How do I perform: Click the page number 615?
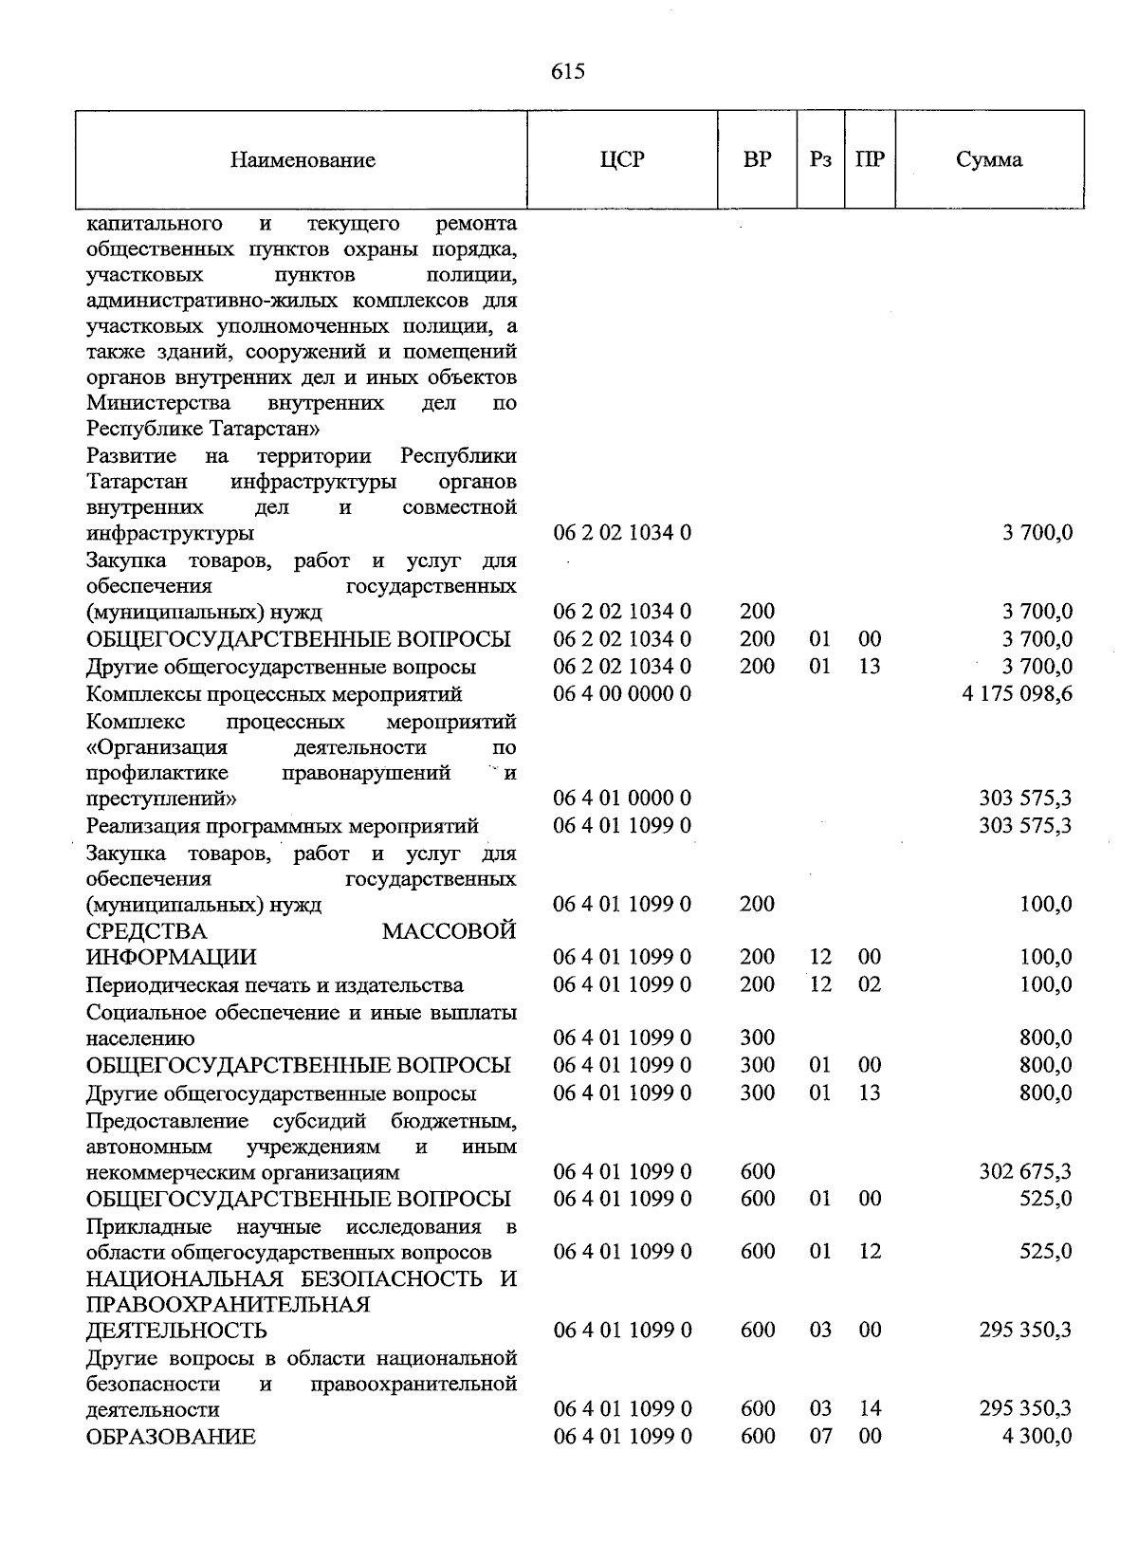[568, 72]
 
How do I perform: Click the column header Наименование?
[303, 160]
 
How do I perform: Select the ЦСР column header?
[622, 159]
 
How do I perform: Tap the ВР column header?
[757, 159]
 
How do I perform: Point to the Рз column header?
[820, 159]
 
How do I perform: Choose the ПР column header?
[870, 159]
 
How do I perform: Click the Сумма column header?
[989, 159]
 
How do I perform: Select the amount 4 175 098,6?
[1017, 694]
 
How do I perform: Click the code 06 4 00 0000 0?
[622, 694]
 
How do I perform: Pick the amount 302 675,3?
[1025, 1172]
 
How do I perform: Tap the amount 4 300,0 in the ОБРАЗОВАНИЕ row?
[1037, 1437]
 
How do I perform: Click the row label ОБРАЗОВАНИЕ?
[171, 1437]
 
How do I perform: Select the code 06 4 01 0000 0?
[622, 799]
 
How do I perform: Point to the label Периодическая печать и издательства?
[275, 985]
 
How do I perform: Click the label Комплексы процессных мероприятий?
[274, 694]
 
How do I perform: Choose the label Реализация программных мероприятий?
[282, 826]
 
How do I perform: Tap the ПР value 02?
[870, 984]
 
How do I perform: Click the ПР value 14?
[870, 1410]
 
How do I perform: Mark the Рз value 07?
[820, 1437]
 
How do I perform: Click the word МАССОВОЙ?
[449, 931]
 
